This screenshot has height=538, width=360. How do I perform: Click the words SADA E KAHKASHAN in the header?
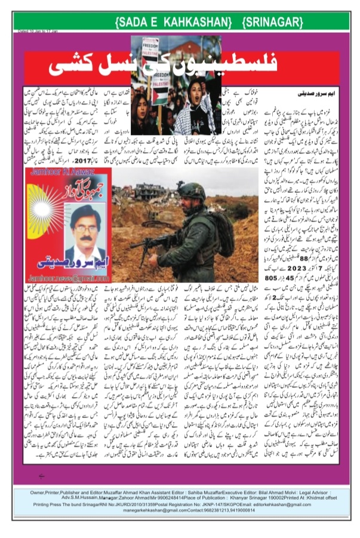click(173, 22)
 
